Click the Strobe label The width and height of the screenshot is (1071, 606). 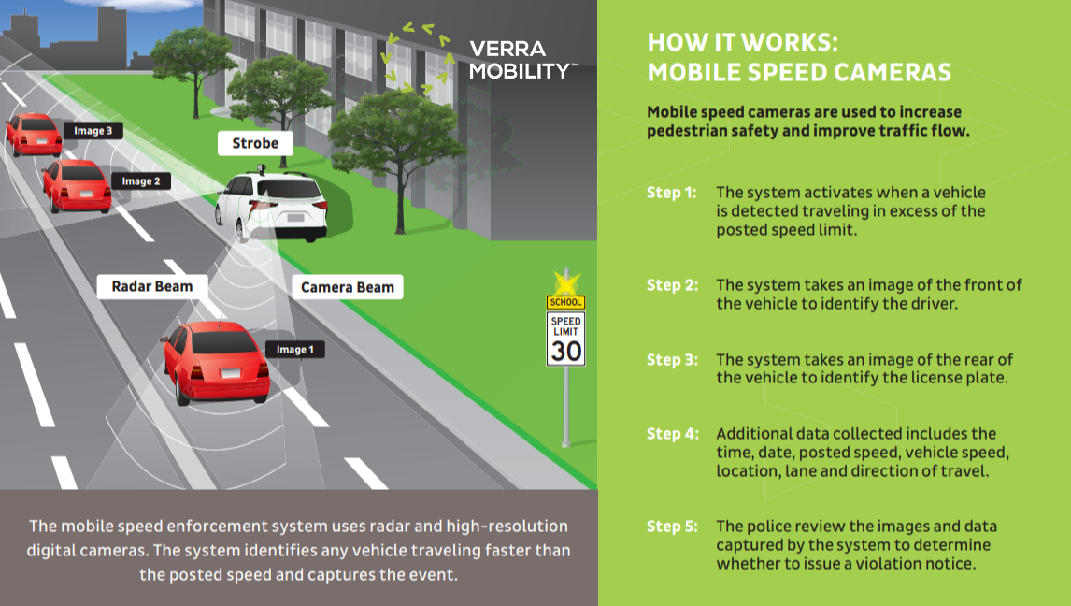(255, 143)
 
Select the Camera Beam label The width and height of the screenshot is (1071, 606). (348, 287)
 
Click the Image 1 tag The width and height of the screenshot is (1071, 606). (295, 350)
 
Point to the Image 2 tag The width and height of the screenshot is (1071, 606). (142, 180)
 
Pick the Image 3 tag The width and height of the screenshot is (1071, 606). (93, 131)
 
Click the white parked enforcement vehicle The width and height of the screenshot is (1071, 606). (273, 205)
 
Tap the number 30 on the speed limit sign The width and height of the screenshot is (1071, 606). (565, 351)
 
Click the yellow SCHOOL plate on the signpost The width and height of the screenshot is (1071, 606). (565, 302)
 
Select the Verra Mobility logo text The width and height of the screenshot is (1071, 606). (521, 60)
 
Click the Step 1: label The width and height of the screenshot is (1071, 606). (672, 193)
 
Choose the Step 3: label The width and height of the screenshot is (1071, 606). (672, 360)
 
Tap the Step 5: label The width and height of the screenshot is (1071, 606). (672, 527)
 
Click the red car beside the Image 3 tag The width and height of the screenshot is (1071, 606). (34, 134)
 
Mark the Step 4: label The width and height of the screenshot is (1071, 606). (672, 434)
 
